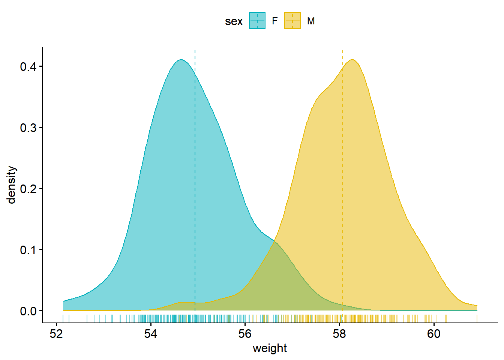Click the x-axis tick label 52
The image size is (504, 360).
click(x=56, y=334)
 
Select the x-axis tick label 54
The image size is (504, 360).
click(x=151, y=334)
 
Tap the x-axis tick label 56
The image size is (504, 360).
click(x=245, y=334)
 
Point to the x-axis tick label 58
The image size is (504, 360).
click(x=339, y=334)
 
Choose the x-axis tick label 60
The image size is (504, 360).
click(x=434, y=334)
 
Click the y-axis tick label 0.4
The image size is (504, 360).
click(x=28, y=67)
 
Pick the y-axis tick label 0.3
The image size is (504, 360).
click(x=28, y=128)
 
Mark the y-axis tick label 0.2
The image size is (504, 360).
click(x=28, y=189)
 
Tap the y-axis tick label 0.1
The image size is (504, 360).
click(x=28, y=250)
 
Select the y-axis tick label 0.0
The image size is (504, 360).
click(x=28, y=311)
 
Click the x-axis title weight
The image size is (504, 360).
click(x=270, y=348)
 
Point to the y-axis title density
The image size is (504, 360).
click(x=12, y=185)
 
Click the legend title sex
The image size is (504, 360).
click(x=234, y=21)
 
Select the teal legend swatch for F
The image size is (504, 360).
click(x=257, y=21)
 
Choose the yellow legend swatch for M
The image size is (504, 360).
click(x=292, y=21)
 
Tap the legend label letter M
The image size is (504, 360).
click(x=311, y=21)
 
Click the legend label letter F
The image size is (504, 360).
click(x=274, y=21)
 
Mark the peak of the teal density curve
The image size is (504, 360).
click(x=181, y=60)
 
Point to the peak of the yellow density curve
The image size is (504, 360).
click(x=352, y=60)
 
